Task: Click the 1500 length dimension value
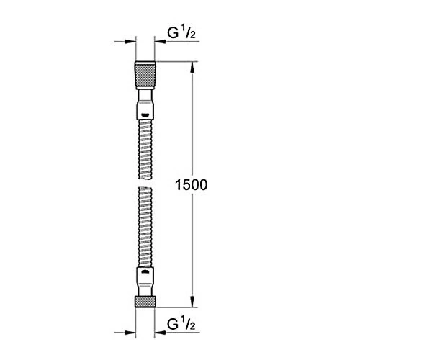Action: point(192,185)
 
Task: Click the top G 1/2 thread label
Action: point(181,33)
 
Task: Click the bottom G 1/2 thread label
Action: point(181,324)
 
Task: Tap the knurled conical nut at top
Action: point(145,75)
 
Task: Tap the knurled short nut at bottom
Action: point(145,302)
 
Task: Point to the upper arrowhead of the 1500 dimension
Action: point(192,67)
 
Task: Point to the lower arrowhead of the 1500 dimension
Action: point(192,302)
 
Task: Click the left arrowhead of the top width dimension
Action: point(130,42)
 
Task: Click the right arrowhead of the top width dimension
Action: point(160,42)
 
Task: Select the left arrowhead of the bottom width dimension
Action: point(130,333)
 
